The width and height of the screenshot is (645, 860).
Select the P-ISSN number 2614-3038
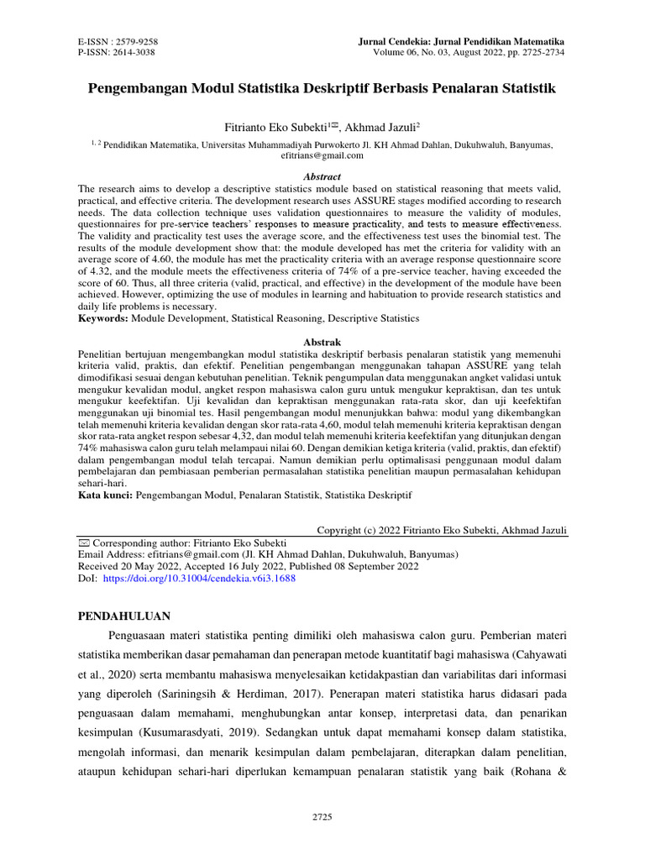coord(138,52)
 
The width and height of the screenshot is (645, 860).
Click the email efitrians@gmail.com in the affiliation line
coord(322,155)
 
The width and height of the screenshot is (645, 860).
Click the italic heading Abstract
coord(322,177)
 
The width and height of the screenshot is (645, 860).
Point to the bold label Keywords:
coord(105,319)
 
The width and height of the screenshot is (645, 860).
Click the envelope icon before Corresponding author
coord(83,543)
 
